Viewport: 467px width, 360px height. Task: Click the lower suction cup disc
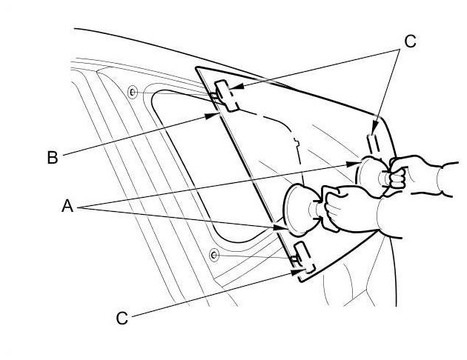click(301, 211)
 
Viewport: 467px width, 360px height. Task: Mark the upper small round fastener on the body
click(131, 92)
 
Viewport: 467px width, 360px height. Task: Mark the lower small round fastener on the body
click(213, 255)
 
